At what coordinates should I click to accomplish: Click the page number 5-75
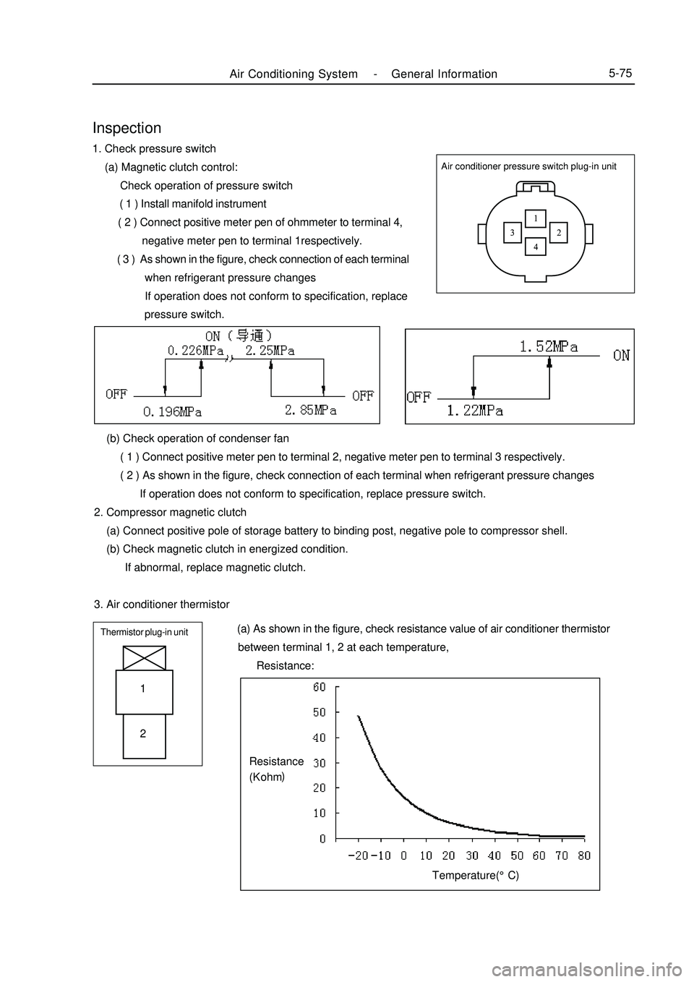click(620, 73)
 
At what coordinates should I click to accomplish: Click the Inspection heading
click(127, 128)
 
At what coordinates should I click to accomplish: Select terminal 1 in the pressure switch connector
click(536, 217)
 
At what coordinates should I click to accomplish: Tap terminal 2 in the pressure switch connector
click(559, 232)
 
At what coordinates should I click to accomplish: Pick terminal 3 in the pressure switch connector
click(512, 232)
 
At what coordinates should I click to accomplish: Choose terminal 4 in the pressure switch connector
click(536, 247)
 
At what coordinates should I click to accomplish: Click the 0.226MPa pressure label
click(195, 350)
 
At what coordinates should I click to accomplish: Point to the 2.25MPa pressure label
click(270, 350)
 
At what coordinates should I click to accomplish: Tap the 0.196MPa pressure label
click(172, 411)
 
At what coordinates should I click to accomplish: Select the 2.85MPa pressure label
click(310, 410)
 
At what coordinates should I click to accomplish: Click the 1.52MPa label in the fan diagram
click(549, 346)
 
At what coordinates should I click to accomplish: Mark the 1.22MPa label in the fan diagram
click(475, 411)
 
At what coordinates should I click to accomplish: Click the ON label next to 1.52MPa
click(621, 355)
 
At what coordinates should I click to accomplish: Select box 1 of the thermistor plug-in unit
click(144, 691)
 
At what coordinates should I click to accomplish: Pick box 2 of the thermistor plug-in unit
click(144, 734)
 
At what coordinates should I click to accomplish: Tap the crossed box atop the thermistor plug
click(144, 657)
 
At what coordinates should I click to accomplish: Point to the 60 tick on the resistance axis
click(320, 688)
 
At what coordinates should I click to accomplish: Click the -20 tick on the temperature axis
click(358, 855)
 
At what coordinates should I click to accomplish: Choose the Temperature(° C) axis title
click(475, 875)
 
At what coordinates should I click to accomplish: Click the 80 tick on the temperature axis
click(584, 855)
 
